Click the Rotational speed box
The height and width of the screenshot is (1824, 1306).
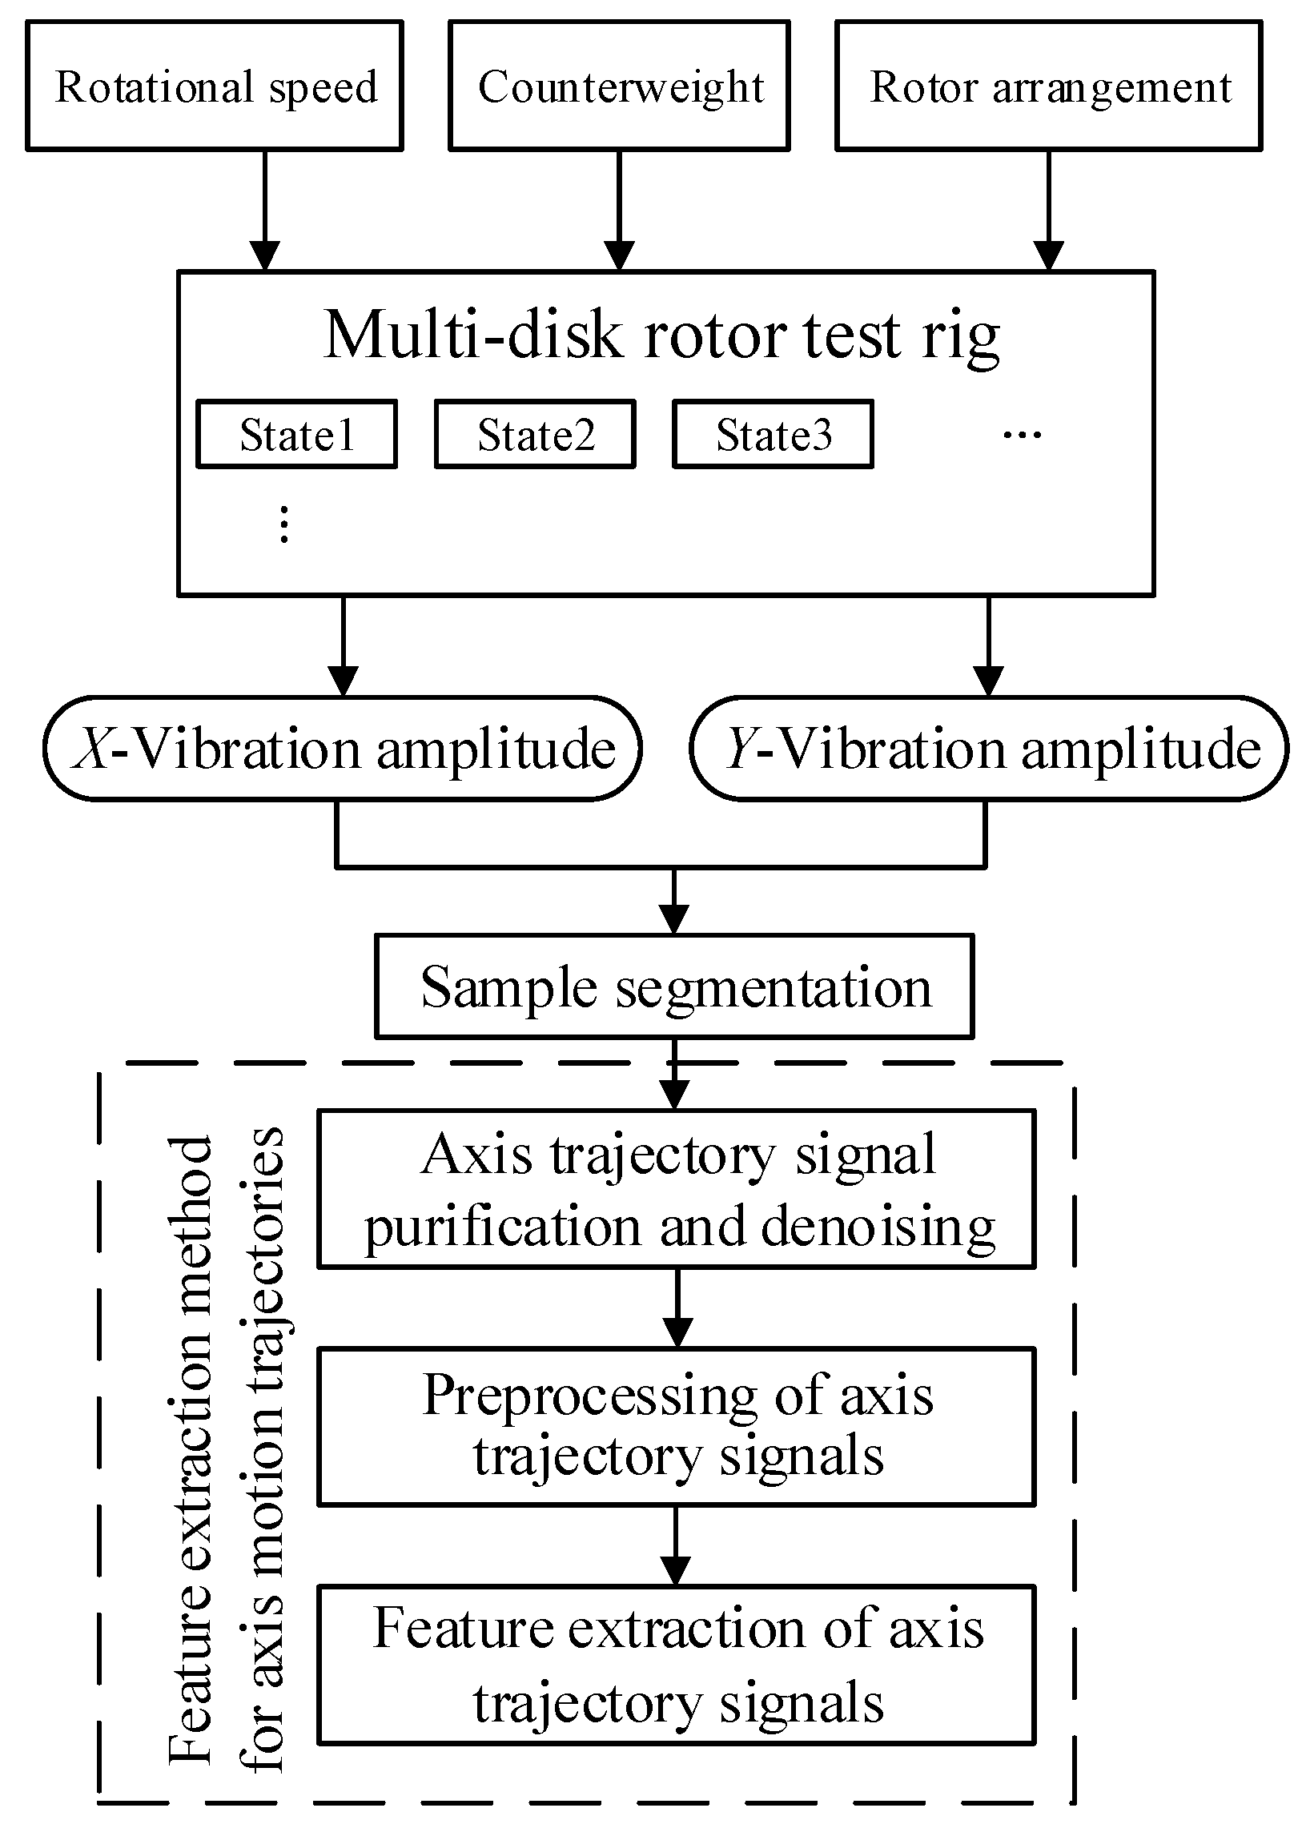[x=215, y=86]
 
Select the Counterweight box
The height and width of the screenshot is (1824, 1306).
[x=619, y=86]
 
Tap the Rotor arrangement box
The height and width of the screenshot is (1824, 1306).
[x=1049, y=86]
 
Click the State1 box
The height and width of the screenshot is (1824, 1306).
[x=297, y=434]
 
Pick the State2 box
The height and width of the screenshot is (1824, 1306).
[x=536, y=434]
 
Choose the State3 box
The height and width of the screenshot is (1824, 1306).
[x=773, y=434]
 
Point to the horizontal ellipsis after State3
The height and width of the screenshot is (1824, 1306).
[x=1022, y=435]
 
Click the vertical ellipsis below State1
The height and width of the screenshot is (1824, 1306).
[x=284, y=524]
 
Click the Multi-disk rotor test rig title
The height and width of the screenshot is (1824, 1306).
[x=663, y=335]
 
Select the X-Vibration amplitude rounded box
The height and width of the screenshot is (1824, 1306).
[x=344, y=749]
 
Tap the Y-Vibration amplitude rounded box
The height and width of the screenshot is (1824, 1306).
[x=989, y=749]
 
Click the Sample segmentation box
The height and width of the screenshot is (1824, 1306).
[x=675, y=986]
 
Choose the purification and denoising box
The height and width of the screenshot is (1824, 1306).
[x=677, y=1190]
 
